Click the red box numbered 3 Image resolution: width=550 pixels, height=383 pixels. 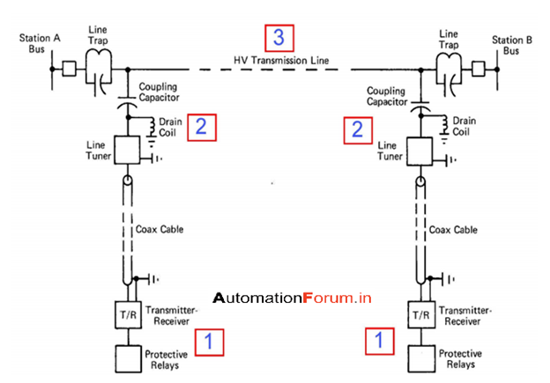click(x=279, y=39)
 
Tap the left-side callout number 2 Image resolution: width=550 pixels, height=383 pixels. click(x=200, y=127)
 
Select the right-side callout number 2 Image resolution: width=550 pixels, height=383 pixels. click(x=357, y=129)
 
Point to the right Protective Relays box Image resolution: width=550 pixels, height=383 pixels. click(x=420, y=358)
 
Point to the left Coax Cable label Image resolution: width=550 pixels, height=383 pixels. click(x=160, y=230)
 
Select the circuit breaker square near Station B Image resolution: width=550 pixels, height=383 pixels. click(x=479, y=68)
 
